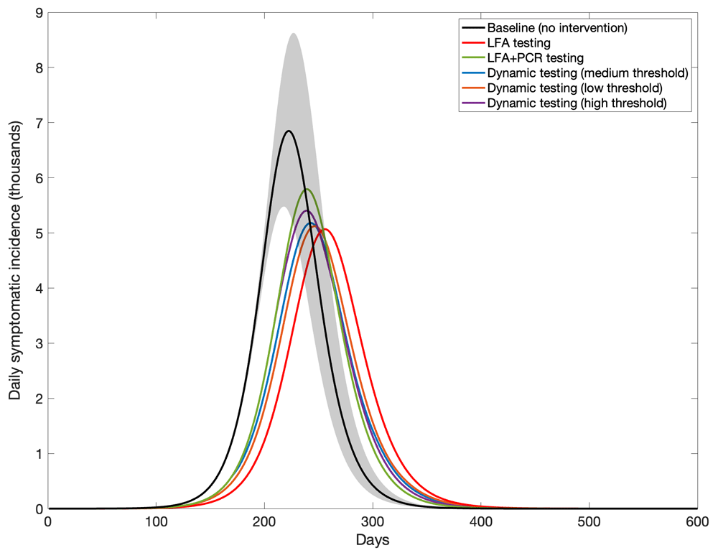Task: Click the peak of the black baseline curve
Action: pyautogui.click(x=289, y=131)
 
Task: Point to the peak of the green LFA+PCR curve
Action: pyautogui.click(x=307, y=189)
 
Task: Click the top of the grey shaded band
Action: pyautogui.click(x=293, y=34)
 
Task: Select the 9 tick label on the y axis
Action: pyautogui.click(x=37, y=13)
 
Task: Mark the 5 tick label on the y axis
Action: pyautogui.click(x=37, y=233)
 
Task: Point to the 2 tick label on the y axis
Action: pyautogui.click(x=37, y=399)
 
